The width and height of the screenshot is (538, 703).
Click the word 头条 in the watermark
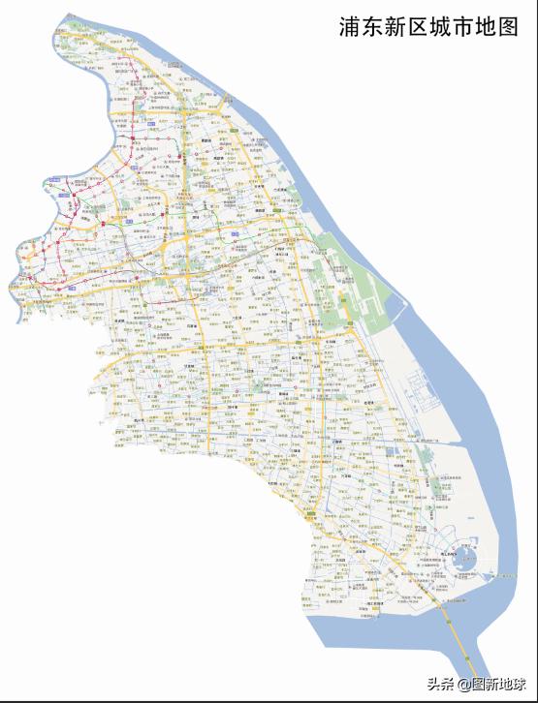pos(441,685)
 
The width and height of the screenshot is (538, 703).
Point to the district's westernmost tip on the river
pos(11,286)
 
